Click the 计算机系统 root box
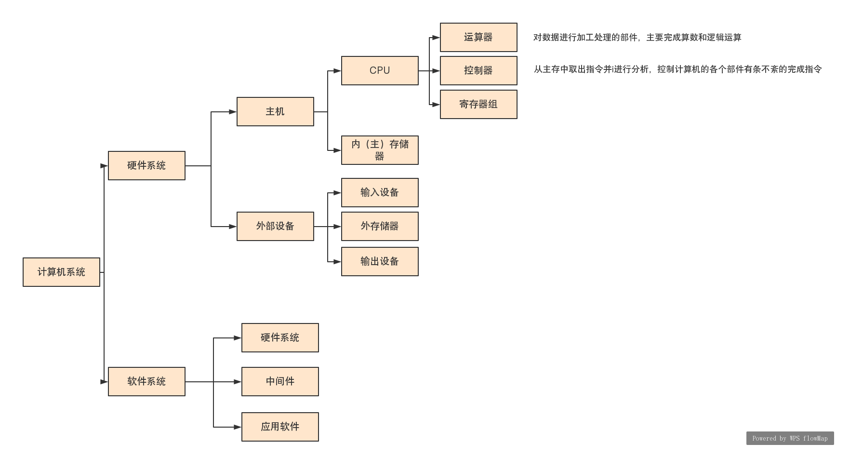(x=61, y=272)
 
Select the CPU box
(x=380, y=70)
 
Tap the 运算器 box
(x=478, y=37)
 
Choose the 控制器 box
(x=478, y=70)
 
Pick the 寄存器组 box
(x=478, y=104)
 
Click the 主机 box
(x=275, y=111)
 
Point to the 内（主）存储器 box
(x=380, y=150)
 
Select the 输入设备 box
(x=380, y=192)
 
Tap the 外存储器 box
(x=380, y=226)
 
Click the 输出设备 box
(x=380, y=261)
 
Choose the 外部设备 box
(x=275, y=226)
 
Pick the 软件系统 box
(x=146, y=381)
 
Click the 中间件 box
(x=280, y=381)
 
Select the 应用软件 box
(x=280, y=427)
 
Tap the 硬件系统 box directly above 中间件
(x=280, y=337)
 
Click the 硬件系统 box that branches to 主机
(x=146, y=165)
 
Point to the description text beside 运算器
(x=637, y=38)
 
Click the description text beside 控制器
(x=677, y=69)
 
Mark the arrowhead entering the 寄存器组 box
(x=436, y=105)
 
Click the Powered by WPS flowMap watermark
(x=790, y=438)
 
